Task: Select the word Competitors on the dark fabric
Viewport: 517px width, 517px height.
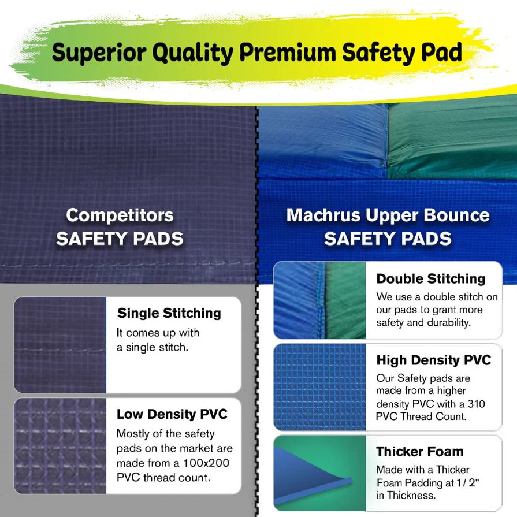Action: click(120, 215)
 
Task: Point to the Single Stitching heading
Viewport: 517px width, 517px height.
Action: click(169, 313)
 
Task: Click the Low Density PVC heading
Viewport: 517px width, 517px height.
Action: click(172, 414)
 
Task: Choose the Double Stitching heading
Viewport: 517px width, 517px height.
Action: click(431, 278)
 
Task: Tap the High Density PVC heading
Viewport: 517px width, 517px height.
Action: click(434, 360)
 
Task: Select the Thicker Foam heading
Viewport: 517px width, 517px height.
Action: click(420, 451)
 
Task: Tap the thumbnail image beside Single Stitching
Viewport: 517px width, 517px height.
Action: click(60, 345)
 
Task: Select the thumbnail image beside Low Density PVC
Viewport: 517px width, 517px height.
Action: click(60, 445)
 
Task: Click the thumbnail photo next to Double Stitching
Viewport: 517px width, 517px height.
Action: click(319, 300)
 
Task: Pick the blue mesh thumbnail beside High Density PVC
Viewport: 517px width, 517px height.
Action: click(319, 386)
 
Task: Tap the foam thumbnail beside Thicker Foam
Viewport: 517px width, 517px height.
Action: click(319, 473)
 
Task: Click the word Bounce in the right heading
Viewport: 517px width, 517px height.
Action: click(456, 215)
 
